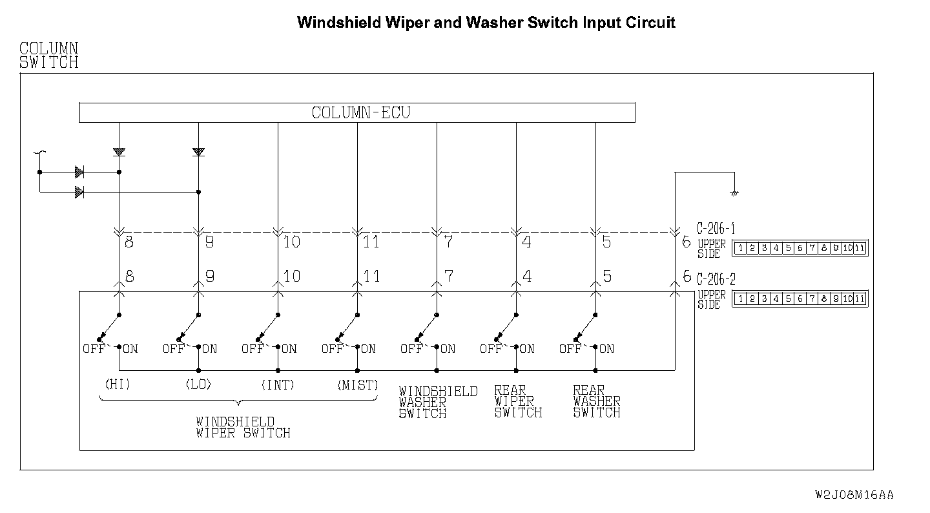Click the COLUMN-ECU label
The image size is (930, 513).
click(360, 113)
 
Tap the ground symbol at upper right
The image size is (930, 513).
click(734, 193)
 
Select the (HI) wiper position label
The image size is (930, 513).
click(118, 384)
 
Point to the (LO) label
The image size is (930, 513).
click(198, 384)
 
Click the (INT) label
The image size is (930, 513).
click(278, 385)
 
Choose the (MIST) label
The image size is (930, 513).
click(357, 385)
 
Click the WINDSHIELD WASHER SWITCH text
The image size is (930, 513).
click(437, 402)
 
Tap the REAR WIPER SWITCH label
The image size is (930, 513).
click(517, 402)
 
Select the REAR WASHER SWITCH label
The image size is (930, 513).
click(596, 402)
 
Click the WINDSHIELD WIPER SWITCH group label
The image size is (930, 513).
click(243, 428)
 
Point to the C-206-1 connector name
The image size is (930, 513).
click(716, 229)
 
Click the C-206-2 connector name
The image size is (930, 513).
click(716, 280)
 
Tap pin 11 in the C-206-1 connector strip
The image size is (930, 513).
click(859, 248)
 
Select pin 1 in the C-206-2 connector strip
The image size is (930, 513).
click(740, 298)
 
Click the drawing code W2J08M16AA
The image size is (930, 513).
click(854, 495)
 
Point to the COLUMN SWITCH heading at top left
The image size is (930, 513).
click(49, 56)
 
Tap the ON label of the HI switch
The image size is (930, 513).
click(130, 349)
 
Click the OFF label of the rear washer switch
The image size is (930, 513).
click(570, 349)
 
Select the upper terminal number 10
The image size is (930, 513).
click(292, 242)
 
